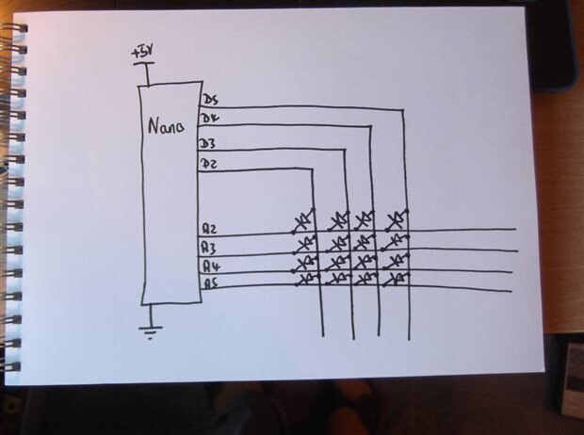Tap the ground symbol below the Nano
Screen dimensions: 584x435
click(151, 332)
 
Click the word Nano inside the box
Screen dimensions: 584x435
click(166, 126)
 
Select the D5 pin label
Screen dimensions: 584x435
click(210, 100)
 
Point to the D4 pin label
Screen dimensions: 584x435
click(210, 119)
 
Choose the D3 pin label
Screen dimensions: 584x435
click(207, 144)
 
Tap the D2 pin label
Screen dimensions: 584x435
click(208, 164)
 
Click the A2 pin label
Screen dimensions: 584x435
click(209, 228)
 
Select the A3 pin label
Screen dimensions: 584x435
click(209, 247)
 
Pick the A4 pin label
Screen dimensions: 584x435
click(212, 266)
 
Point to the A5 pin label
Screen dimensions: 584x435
click(211, 284)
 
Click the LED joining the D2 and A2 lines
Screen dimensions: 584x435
click(303, 221)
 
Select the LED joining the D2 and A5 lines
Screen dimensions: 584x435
click(308, 280)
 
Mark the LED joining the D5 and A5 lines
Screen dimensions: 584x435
click(396, 279)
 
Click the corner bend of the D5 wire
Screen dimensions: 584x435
click(404, 110)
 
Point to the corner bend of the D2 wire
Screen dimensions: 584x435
click(312, 169)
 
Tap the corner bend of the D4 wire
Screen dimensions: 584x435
click(370, 126)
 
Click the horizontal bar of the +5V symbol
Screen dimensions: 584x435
click(144, 64)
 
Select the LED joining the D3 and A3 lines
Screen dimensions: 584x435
click(338, 244)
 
